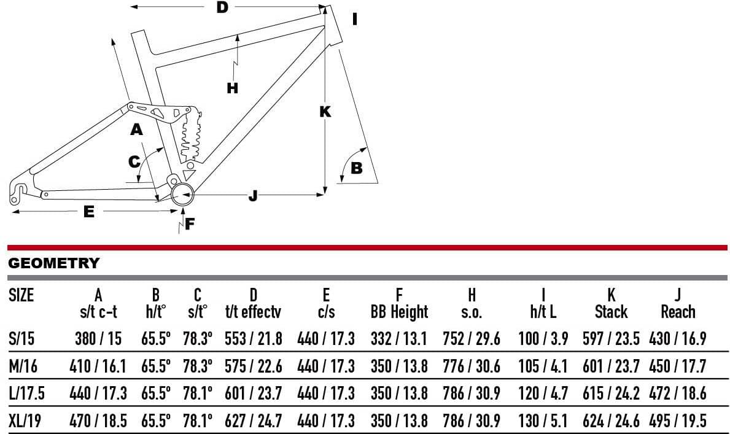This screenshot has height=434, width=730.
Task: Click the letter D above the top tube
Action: point(222,7)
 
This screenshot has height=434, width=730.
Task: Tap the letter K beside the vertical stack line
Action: point(325,112)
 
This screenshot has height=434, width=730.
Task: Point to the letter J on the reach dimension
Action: point(253,196)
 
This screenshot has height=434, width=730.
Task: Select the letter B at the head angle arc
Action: point(356,168)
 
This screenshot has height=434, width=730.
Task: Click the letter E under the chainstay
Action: point(89,212)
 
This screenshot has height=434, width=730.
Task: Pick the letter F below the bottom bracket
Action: point(190,224)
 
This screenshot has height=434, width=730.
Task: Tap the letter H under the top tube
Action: point(232,88)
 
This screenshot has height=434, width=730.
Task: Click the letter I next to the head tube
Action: point(355,19)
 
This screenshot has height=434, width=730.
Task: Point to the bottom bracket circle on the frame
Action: point(182,194)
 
